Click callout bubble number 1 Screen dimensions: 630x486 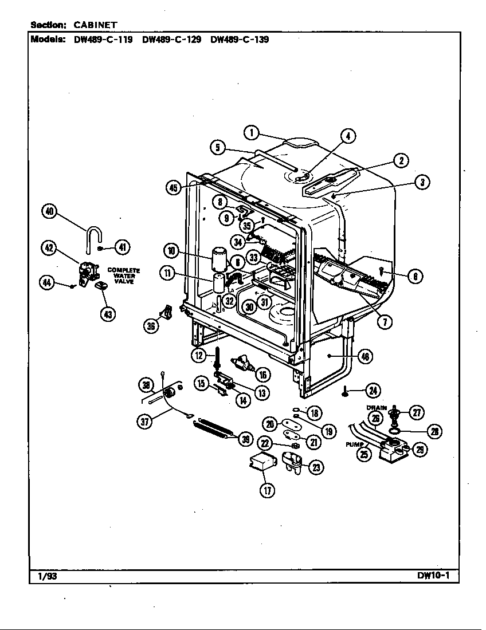coord(250,132)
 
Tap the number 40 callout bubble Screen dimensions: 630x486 coord(50,211)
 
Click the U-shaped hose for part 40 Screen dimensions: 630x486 coord(93,237)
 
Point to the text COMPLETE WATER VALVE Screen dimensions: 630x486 coord(124,275)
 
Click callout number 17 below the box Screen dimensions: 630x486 coord(267,490)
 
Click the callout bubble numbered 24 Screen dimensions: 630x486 coord(373,391)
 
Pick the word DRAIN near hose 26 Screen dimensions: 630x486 coord(377,408)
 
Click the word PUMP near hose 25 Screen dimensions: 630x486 coord(354,444)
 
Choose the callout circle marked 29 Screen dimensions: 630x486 coord(420,450)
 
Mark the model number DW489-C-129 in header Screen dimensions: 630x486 coord(171,40)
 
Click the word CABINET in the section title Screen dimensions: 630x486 coord(96,25)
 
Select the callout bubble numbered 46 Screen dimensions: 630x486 coord(365,357)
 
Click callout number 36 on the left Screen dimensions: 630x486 coord(151,325)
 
